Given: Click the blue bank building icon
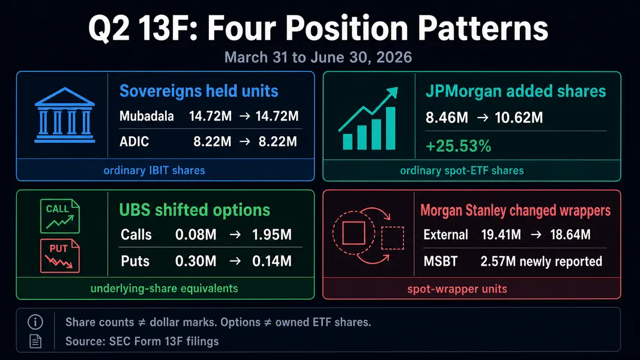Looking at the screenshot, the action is [x=65, y=115].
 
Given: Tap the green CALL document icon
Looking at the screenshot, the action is [x=60, y=216].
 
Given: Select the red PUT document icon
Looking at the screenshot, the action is [x=60, y=256].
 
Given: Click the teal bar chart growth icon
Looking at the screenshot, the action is [x=369, y=118].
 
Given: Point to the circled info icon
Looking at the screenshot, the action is [x=35, y=322].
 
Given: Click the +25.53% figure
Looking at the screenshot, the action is [x=458, y=146].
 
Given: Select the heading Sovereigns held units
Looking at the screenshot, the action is [x=199, y=91].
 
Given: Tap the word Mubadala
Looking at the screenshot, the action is [x=146, y=116].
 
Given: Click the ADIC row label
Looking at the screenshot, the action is [x=134, y=142].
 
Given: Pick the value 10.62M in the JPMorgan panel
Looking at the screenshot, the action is [x=519, y=118].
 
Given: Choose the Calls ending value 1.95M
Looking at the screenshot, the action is [x=272, y=235].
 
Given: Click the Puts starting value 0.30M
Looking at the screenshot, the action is [x=196, y=261].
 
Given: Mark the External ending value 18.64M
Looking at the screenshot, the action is [x=570, y=235].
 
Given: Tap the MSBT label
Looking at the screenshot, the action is [x=441, y=261].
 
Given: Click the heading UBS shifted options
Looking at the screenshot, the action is [x=195, y=210].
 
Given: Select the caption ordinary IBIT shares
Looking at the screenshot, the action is [x=154, y=170].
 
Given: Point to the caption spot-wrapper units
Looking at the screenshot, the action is [x=457, y=289].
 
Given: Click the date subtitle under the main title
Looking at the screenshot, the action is [x=318, y=57].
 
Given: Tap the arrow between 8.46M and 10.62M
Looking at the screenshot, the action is [x=483, y=118].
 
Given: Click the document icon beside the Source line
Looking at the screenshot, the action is [x=35, y=341].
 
